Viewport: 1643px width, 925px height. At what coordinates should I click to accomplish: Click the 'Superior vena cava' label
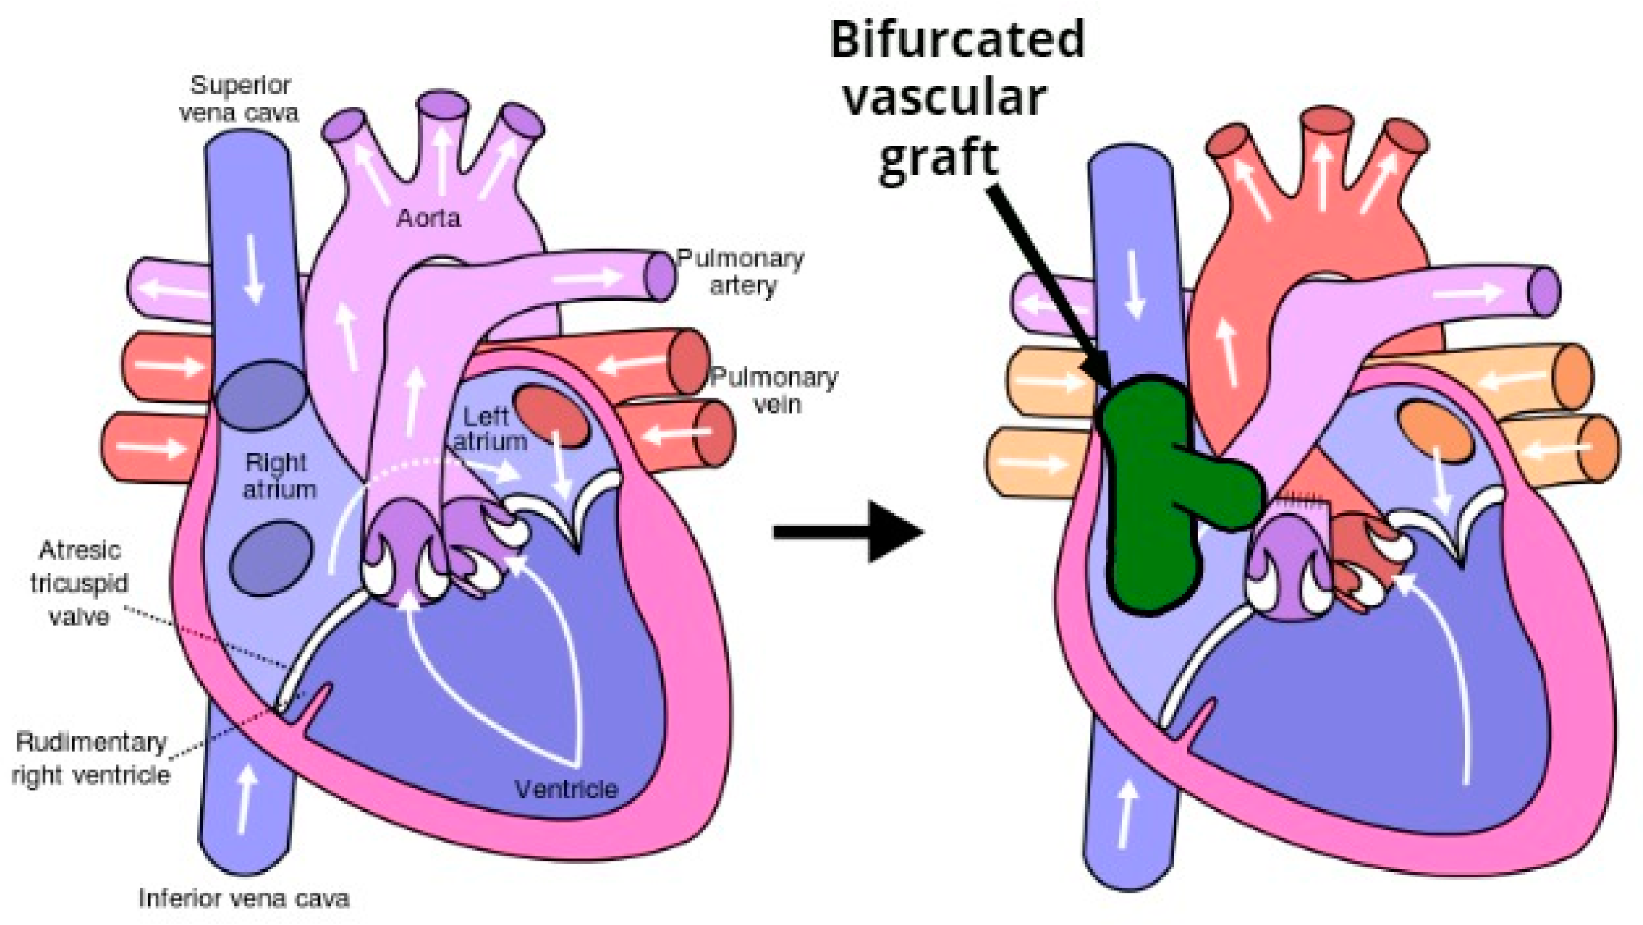point(239,99)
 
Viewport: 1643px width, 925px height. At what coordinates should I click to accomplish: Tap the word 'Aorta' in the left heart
point(428,218)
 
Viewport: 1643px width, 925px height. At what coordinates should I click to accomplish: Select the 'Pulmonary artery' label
point(740,271)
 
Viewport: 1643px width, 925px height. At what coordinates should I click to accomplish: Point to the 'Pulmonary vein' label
point(774,390)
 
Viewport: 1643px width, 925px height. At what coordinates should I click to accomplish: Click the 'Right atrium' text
point(278,475)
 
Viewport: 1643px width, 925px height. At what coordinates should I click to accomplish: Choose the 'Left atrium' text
point(488,429)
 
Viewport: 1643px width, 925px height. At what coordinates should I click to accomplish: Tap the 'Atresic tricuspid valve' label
point(79,583)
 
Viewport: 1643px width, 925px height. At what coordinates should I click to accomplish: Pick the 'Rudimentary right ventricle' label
point(91,758)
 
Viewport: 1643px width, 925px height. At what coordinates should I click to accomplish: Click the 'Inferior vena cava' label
point(243,898)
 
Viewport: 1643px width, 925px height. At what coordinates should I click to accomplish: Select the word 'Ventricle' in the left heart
point(567,789)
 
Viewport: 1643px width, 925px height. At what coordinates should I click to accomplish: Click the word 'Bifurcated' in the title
point(957,39)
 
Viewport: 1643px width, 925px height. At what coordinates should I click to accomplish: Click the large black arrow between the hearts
point(848,532)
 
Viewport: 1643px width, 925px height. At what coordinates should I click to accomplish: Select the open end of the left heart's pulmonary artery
point(659,275)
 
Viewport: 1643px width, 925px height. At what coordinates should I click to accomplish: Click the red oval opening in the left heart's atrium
point(552,415)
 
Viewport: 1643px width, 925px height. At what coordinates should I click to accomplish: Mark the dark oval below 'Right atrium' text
point(271,557)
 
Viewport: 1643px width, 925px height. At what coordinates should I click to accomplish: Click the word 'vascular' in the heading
point(945,98)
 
